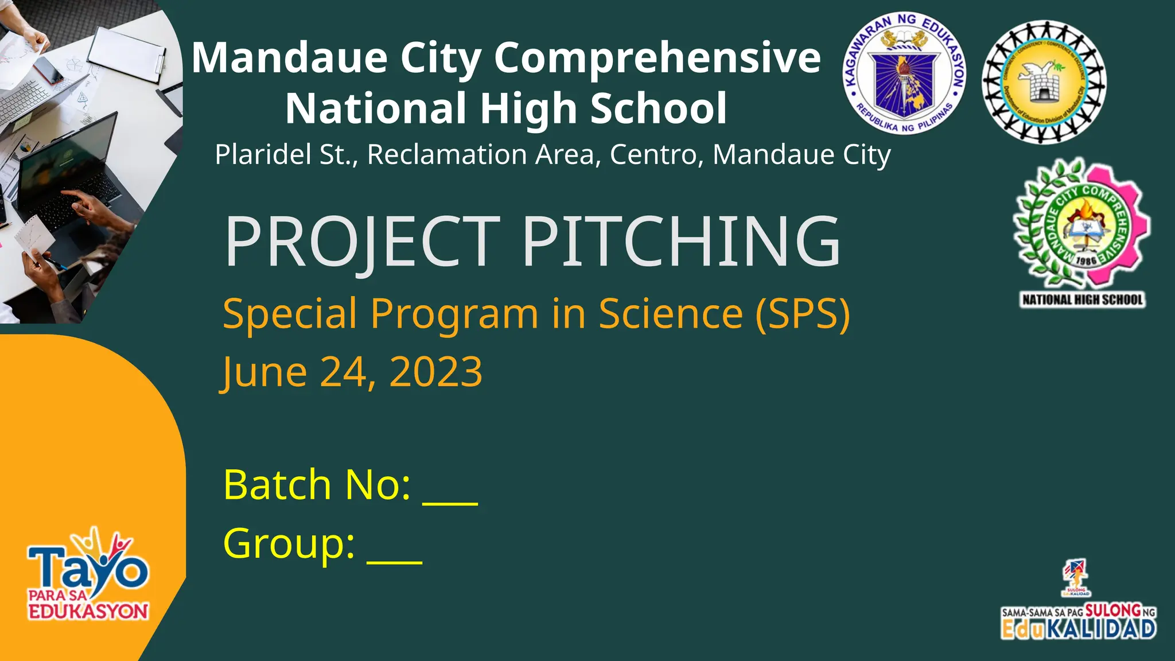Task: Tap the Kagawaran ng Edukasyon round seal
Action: click(905, 73)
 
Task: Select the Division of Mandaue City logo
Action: click(1044, 82)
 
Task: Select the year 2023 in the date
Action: click(435, 372)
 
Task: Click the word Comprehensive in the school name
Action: click(657, 58)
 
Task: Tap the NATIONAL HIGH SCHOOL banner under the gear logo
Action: click(1082, 300)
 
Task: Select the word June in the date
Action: click(264, 372)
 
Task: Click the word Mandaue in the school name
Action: click(290, 58)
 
